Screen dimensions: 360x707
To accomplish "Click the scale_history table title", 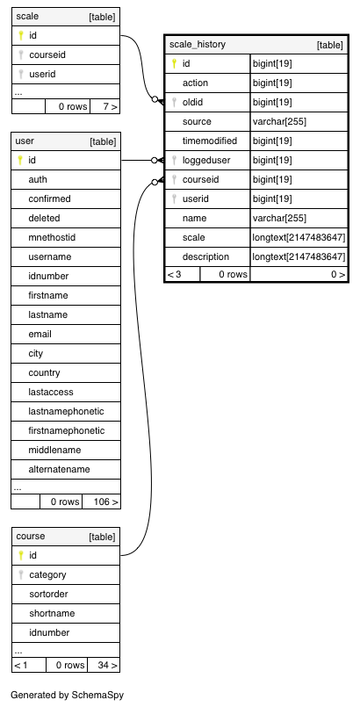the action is click(198, 44).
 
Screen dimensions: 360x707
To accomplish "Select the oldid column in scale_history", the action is click(192, 103).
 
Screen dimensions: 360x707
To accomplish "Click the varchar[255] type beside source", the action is click(279, 122).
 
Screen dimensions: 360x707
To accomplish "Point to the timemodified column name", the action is click(210, 141).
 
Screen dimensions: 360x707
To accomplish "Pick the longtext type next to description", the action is click(299, 257).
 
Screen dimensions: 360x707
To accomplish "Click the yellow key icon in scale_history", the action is click(175, 63).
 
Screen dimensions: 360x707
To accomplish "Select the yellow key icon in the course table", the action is click(21, 555).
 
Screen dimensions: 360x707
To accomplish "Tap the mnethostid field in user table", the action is click(52, 237).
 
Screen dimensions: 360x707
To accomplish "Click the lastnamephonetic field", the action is click(66, 411).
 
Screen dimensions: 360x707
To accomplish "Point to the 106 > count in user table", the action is click(106, 501).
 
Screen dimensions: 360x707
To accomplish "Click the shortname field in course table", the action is click(52, 613).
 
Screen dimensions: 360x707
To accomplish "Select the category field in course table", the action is click(47, 574).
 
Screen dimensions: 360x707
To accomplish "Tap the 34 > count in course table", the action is click(108, 665).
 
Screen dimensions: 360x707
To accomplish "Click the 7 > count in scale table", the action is click(110, 107).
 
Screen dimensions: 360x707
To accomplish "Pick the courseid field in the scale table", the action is click(47, 55).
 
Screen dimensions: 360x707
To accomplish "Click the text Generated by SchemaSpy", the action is click(67, 695).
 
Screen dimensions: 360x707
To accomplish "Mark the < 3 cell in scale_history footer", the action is click(175, 274).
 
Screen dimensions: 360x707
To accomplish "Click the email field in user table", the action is click(40, 334).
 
